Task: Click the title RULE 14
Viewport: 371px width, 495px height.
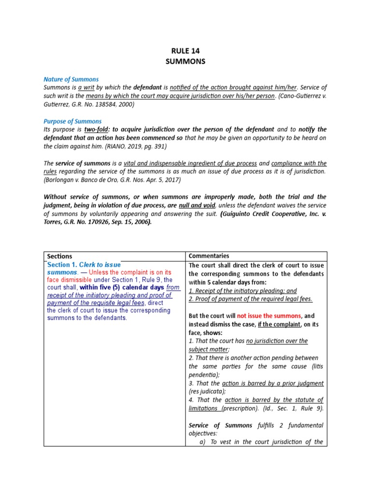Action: tap(185, 50)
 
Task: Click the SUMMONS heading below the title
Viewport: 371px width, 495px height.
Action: tap(185, 61)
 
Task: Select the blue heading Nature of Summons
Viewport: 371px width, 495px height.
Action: tap(71, 79)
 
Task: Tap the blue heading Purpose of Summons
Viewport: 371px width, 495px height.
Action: tap(72, 121)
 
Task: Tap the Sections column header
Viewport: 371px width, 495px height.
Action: tap(60, 256)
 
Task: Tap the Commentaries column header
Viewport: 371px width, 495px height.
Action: tap(209, 256)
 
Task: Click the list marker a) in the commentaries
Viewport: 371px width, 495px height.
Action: tap(202, 442)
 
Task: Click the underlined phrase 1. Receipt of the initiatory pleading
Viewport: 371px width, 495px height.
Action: tap(243, 291)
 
